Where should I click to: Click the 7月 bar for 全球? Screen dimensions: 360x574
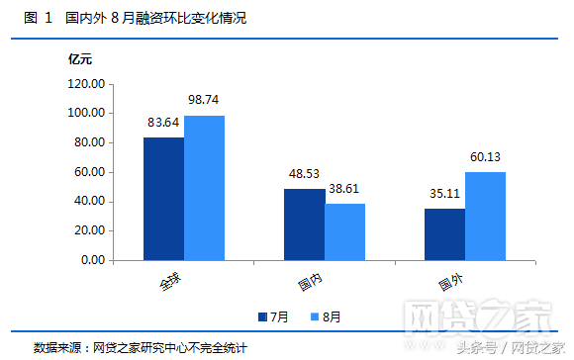tap(163, 199)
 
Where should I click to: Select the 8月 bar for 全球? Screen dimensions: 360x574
tap(204, 188)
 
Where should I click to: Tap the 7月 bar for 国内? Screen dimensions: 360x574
tap(304, 225)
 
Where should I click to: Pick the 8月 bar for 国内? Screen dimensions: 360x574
tap(344, 231)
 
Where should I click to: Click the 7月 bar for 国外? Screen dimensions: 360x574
tap(444, 234)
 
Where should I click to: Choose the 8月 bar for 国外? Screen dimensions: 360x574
tap(485, 216)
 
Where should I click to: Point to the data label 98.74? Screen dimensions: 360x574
tap(204, 100)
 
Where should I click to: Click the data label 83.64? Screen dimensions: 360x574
tap(163, 123)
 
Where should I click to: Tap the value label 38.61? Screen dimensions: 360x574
tap(344, 189)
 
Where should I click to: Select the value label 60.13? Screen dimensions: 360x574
tap(485, 157)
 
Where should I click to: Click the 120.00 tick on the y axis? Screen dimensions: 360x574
tap(85, 84)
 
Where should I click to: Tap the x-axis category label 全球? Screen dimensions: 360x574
tap(170, 282)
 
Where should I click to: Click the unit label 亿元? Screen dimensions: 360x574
tap(79, 59)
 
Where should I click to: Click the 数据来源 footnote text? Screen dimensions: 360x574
tap(139, 348)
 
